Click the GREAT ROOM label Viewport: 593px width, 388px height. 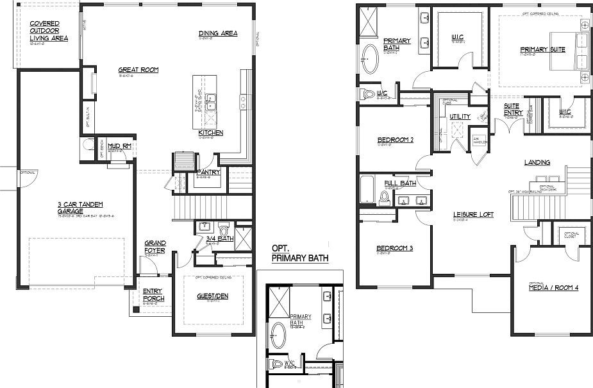coord(138,70)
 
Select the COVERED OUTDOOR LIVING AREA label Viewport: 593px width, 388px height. coord(49,31)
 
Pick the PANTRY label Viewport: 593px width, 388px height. coord(209,172)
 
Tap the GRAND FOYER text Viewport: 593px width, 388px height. coord(155,247)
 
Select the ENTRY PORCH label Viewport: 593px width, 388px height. coord(153,294)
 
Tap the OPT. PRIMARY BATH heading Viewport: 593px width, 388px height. coord(299,254)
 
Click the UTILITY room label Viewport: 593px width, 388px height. coord(460,117)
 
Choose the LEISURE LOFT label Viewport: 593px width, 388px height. coord(472,214)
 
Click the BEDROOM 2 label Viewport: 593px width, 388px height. coord(394,140)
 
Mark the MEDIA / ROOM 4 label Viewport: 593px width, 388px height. coord(553,288)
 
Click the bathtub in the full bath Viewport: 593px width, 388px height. coord(367,190)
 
